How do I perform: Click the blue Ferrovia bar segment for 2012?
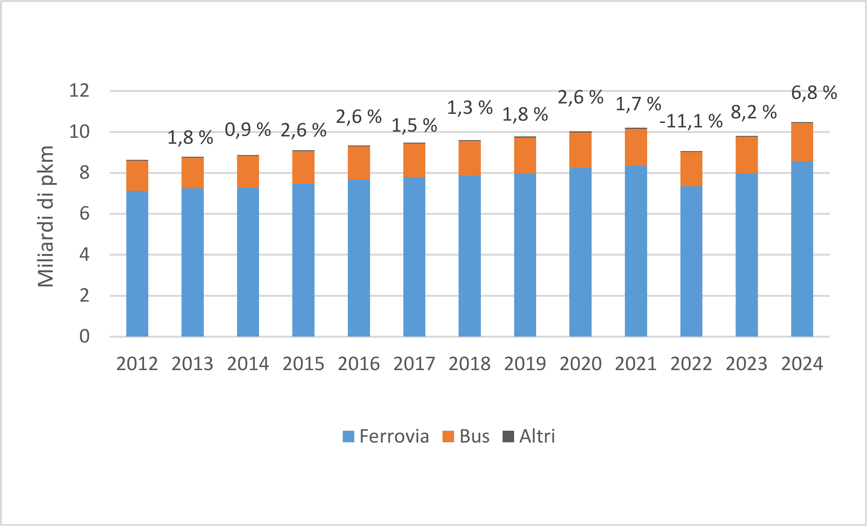[137, 264]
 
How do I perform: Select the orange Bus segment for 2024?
[802, 142]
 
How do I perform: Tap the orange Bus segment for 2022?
[691, 169]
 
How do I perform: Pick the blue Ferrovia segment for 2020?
[581, 252]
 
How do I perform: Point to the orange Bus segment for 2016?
[359, 163]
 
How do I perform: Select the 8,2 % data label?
[754, 112]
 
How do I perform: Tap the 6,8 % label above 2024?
[814, 93]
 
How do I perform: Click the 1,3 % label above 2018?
[470, 107]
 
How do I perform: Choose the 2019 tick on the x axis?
[525, 364]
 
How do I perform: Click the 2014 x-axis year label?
[248, 364]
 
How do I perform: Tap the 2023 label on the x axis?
[747, 364]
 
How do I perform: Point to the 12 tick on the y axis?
[79, 91]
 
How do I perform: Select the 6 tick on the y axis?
[85, 214]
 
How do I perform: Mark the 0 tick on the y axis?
[85, 336]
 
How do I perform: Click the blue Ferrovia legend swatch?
[348, 436]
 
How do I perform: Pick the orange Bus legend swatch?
[448, 436]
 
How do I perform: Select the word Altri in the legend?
[537, 436]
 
